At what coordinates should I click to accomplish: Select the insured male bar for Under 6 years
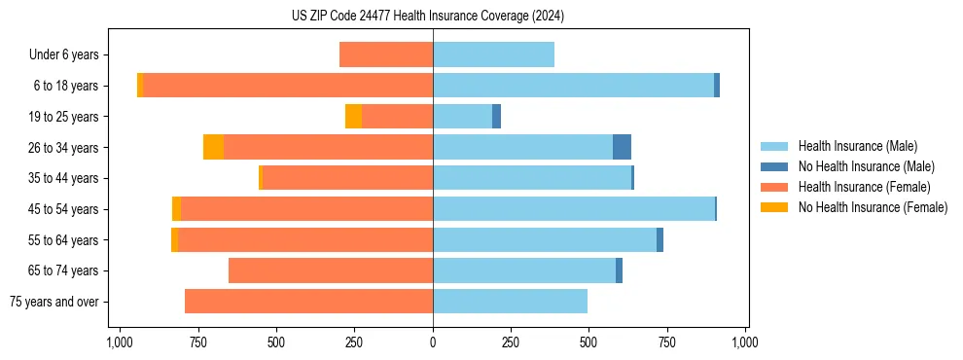(x=493, y=54)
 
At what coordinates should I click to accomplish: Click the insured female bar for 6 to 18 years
(x=288, y=86)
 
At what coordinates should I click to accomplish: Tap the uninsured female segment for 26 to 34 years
(x=213, y=147)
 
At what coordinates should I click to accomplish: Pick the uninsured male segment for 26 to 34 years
(x=622, y=147)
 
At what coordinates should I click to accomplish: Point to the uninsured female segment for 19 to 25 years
(x=353, y=117)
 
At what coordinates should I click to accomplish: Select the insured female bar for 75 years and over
(x=308, y=302)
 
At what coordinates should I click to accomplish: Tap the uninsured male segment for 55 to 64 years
(x=660, y=239)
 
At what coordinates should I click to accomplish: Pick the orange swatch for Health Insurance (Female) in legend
(x=775, y=187)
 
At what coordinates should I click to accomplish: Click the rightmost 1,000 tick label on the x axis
(x=745, y=342)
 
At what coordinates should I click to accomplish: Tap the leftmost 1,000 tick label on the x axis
(x=120, y=342)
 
